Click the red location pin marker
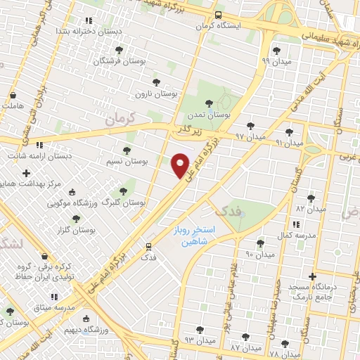[181, 165]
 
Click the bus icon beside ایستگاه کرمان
[218, 14]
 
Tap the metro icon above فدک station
[148, 246]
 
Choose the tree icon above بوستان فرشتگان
[119, 50]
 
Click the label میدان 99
[276, 60]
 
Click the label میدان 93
[198, 340]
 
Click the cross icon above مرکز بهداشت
[26, 173]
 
